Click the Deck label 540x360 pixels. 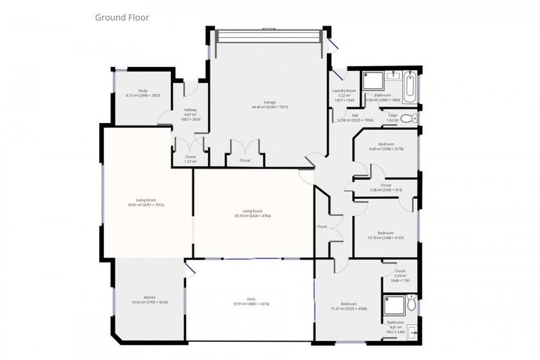click(251, 301)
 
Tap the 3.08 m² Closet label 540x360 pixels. click(385, 187)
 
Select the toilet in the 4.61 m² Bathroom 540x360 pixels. click(411, 304)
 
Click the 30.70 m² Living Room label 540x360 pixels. click(252, 212)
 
